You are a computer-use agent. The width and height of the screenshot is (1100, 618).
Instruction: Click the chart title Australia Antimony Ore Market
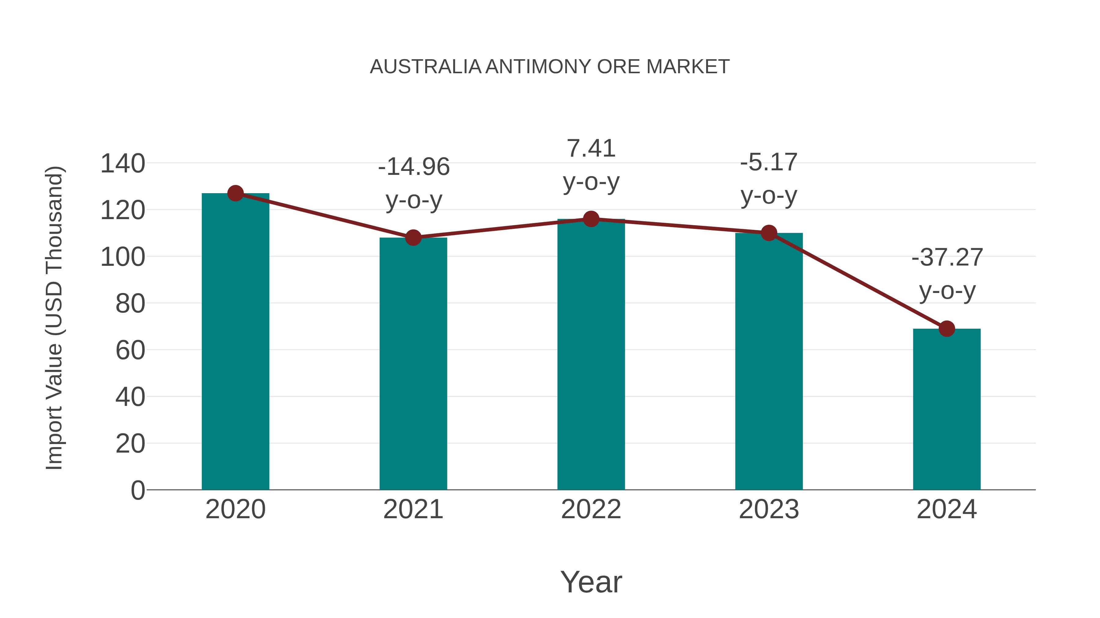(x=550, y=67)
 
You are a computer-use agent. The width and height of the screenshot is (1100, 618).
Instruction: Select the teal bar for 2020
(x=235, y=341)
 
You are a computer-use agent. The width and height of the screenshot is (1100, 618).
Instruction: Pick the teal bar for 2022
(x=591, y=354)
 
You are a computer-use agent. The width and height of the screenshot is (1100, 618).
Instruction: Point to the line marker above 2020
(x=235, y=193)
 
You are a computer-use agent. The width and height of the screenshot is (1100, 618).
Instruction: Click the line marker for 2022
(x=591, y=219)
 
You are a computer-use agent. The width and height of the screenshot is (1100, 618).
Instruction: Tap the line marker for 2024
(x=947, y=329)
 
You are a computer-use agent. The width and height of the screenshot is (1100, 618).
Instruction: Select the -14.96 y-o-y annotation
(x=414, y=183)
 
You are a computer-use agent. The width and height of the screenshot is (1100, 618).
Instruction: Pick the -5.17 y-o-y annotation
(x=769, y=179)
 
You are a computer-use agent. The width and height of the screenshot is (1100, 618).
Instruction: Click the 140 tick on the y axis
(x=123, y=164)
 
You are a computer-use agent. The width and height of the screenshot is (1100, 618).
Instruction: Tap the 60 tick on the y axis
(x=130, y=351)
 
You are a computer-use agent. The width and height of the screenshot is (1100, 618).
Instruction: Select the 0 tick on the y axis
(x=137, y=490)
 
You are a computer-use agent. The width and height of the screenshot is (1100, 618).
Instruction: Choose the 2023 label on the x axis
(x=769, y=509)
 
